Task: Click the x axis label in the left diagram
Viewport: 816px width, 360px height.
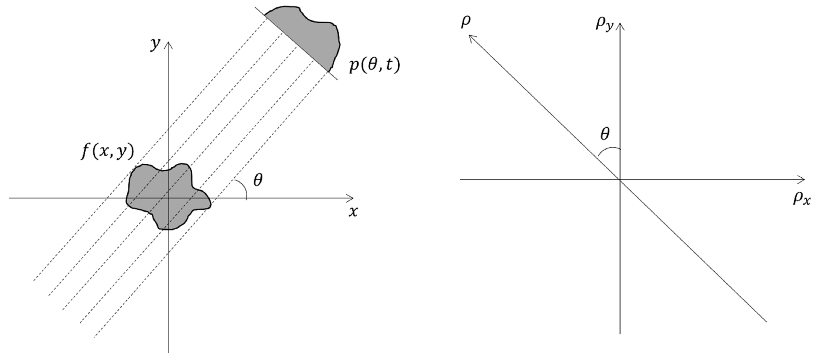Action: pyautogui.click(x=353, y=211)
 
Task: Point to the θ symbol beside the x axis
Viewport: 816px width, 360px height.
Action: pyautogui.click(x=258, y=180)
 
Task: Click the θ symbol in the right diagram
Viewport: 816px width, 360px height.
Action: pyautogui.click(x=605, y=134)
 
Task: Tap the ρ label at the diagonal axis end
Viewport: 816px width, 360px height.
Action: pyautogui.click(x=466, y=22)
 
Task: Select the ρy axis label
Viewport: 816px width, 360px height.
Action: pyautogui.click(x=604, y=24)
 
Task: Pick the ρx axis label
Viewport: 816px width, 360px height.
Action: pyautogui.click(x=802, y=199)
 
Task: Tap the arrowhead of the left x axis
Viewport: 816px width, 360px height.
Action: pyautogui.click(x=351, y=198)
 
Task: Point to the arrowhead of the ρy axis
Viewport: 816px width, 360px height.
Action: pyautogui.click(x=620, y=25)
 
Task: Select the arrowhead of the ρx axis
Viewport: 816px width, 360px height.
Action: pyautogui.click(x=802, y=179)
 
